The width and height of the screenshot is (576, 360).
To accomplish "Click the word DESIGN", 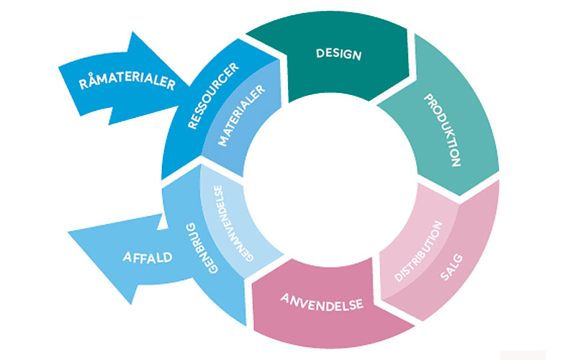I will click(x=338, y=54).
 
